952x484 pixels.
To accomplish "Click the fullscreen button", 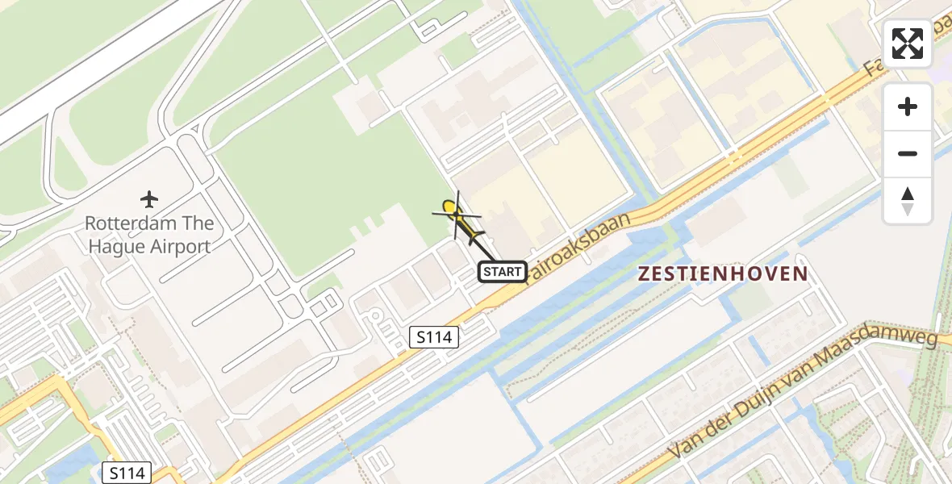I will tap(908, 44).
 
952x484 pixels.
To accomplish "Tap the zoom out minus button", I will tap(908, 153).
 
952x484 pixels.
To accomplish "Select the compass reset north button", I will tap(908, 201).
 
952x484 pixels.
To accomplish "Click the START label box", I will tap(503, 272).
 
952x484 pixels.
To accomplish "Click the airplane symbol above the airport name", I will tap(149, 198).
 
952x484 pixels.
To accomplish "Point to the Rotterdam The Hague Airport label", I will tap(149, 235).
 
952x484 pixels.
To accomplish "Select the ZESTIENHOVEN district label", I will tap(722, 273).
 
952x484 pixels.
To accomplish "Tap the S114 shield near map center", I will tap(433, 337).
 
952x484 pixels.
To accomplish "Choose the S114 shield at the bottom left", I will tap(127, 473).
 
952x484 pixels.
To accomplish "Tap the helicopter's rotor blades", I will tap(457, 215).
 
